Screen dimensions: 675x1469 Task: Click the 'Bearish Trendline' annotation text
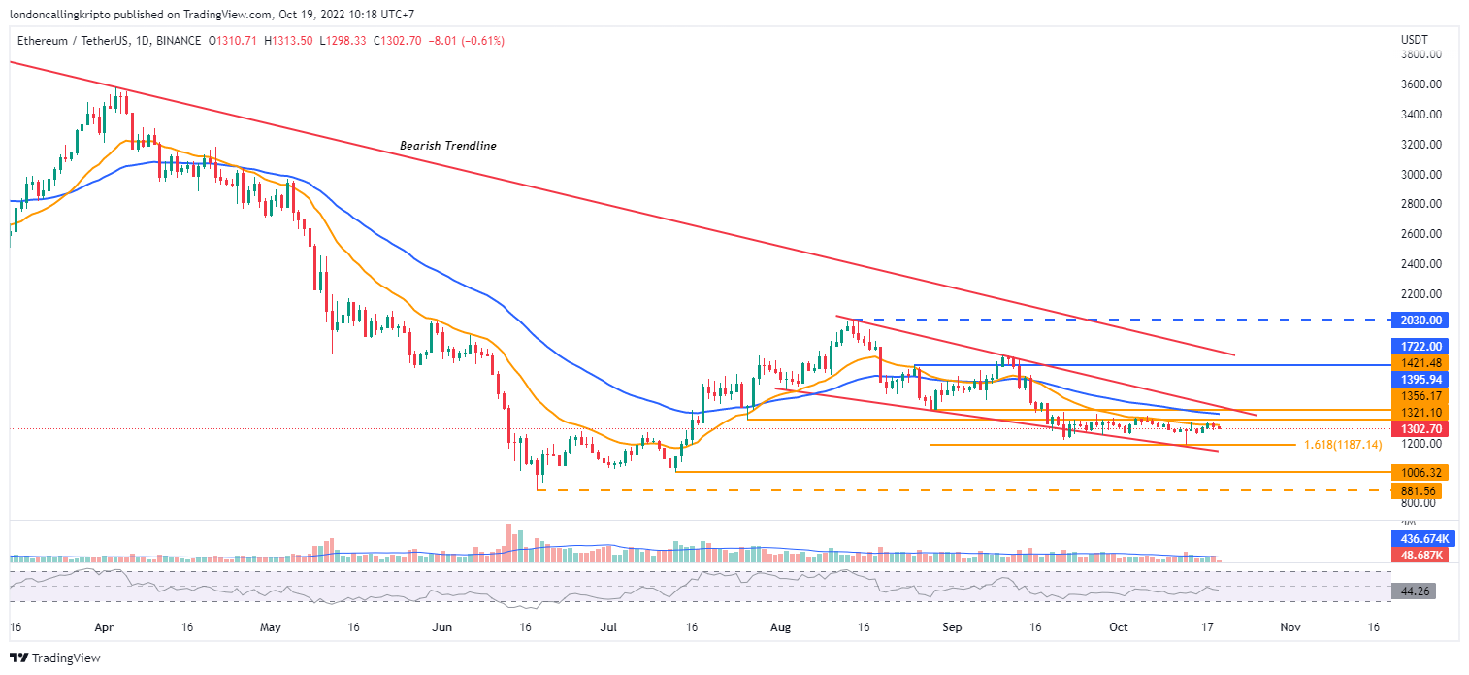point(448,146)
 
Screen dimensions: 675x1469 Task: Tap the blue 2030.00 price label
point(1418,320)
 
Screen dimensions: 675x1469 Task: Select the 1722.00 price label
point(1418,347)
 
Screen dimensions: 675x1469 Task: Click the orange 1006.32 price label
point(1418,472)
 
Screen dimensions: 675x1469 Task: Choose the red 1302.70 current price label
point(1418,428)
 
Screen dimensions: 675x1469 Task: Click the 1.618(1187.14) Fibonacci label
point(1343,445)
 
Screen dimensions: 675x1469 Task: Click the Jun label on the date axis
point(442,628)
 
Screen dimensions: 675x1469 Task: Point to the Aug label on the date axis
point(782,628)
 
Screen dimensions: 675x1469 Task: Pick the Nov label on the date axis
point(1289,628)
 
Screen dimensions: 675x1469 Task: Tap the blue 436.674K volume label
point(1418,538)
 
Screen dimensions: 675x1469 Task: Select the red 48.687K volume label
point(1418,554)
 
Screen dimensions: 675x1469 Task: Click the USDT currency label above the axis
point(1412,40)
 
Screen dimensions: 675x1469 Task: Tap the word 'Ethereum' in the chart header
point(43,41)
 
